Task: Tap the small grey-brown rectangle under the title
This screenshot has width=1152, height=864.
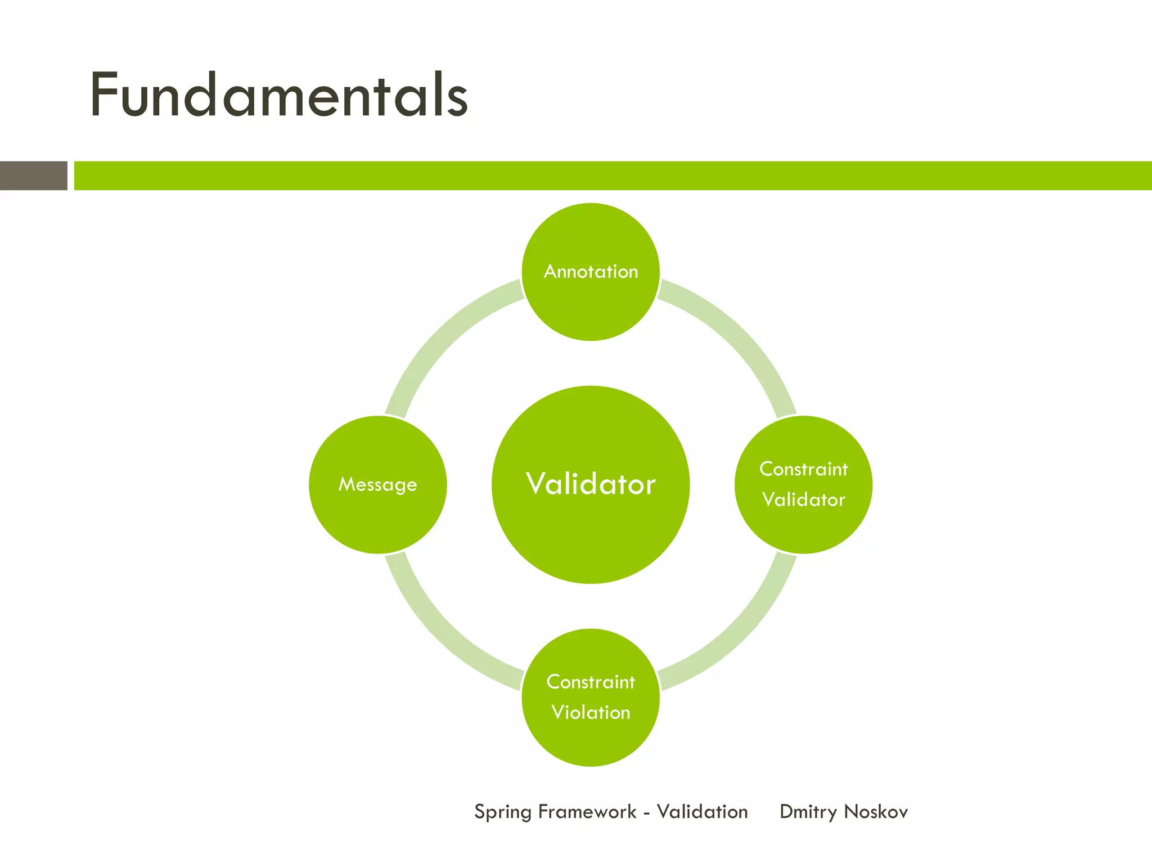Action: coord(34,175)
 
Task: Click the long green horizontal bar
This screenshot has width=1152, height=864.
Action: coord(613,175)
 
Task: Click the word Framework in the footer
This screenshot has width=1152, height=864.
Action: coord(587,812)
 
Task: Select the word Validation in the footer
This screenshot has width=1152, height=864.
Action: coord(702,812)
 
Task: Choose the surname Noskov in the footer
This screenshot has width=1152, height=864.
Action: coord(876,812)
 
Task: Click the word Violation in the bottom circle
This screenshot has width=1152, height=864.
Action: coord(591,713)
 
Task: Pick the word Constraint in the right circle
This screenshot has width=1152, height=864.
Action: coord(803,469)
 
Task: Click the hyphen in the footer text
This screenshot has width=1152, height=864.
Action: coord(647,813)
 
